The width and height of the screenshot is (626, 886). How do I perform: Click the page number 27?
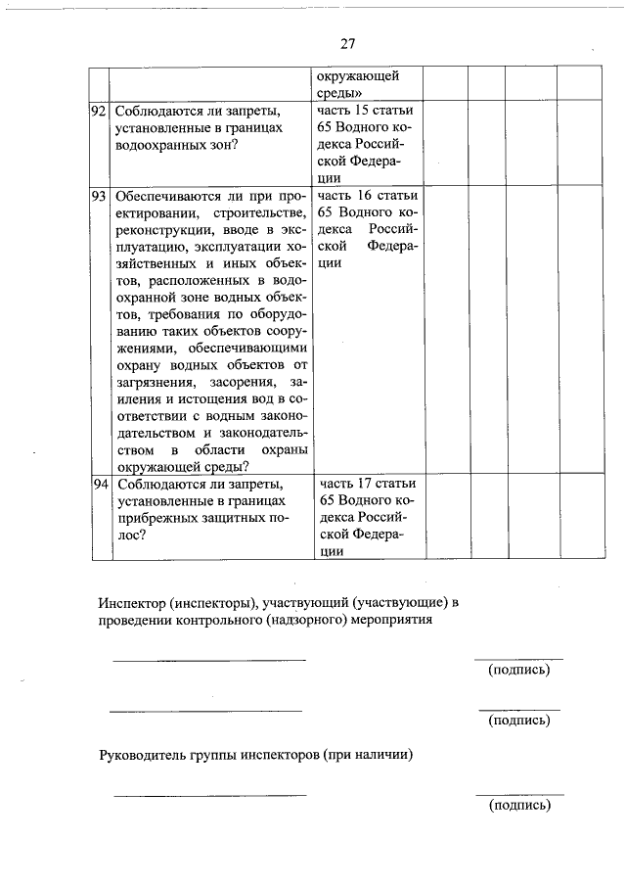(348, 44)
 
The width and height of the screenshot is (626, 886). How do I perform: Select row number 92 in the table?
(98, 111)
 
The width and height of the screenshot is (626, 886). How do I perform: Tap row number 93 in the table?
(98, 195)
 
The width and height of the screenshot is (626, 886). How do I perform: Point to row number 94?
(98, 484)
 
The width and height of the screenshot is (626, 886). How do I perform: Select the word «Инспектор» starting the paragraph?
(133, 602)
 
